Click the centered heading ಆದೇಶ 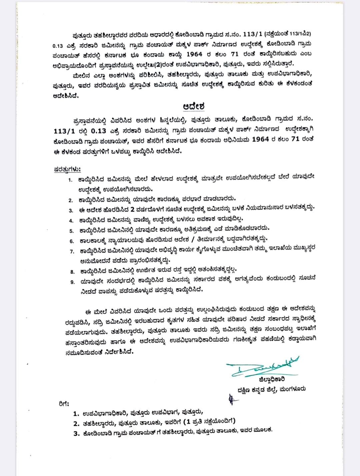pyautogui.click(x=194, y=106)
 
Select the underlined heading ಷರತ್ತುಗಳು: pyautogui.click(x=67, y=169)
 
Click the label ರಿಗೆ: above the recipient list pyautogui.click(x=64, y=404)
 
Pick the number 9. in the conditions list pyautogui.click(x=72, y=282)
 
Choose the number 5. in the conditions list pyautogui.click(x=71, y=231)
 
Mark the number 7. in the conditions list pyautogui.click(x=72, y=251)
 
